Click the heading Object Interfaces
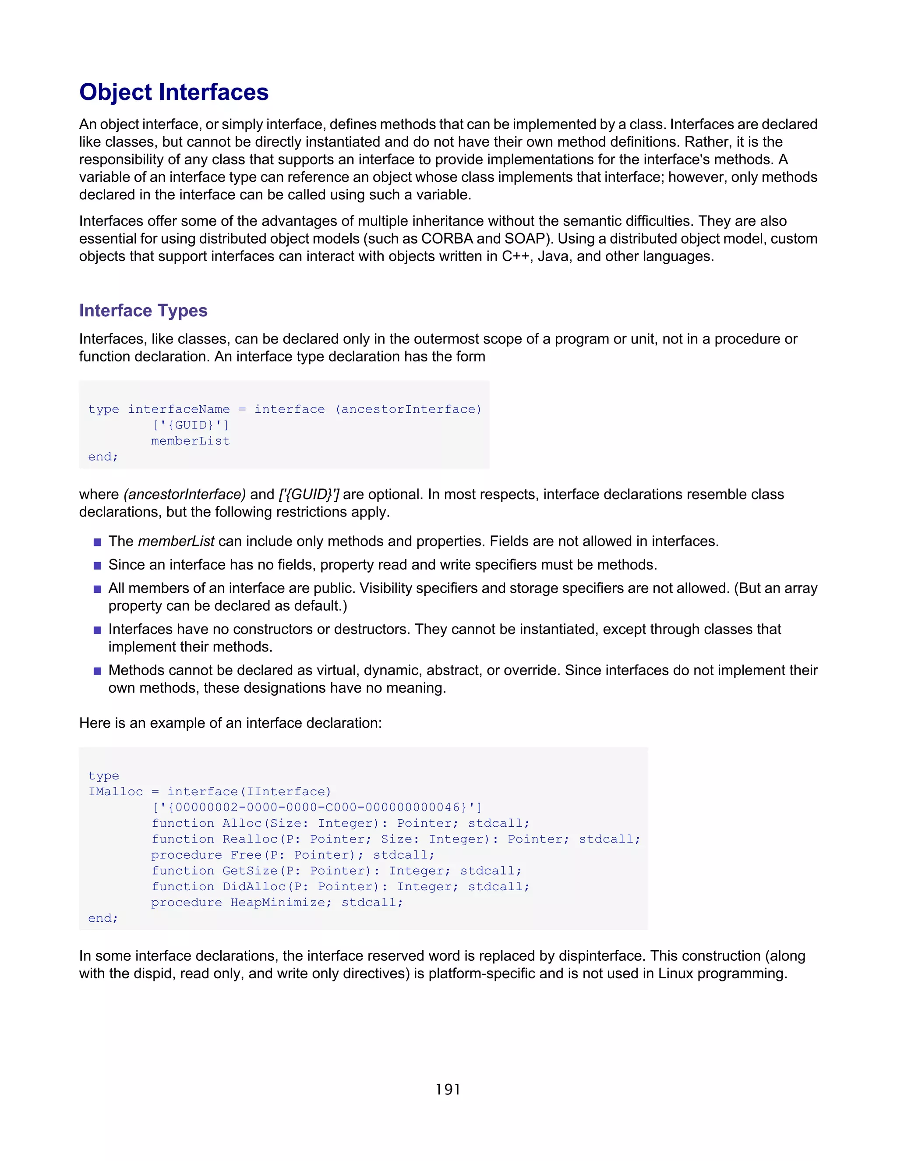tap(174, 92)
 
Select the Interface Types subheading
tap(143, 311)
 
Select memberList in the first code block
tap(190, 441)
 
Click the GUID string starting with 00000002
tap(317, 807)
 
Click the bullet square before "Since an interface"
tap(97, 566)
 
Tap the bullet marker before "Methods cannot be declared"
tap(97, 671)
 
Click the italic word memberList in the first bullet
tap(176, 541)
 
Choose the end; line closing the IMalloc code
tap(103, 918)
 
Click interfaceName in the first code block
tap(179, 409)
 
